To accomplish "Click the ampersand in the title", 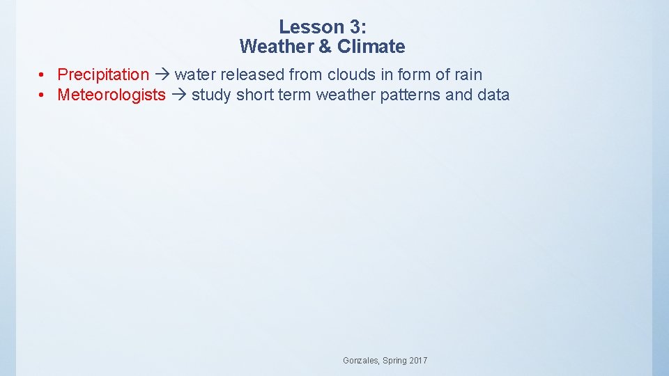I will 325,47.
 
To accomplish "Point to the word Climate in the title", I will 371,47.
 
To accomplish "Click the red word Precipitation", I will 103,75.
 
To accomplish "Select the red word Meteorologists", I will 111,95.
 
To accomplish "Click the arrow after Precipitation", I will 162,75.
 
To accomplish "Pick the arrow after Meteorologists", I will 179,95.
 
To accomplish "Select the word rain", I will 468,75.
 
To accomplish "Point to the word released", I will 252,75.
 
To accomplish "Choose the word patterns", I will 410,95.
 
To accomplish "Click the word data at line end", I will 494,95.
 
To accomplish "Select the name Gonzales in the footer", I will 360,361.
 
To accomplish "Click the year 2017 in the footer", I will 419,361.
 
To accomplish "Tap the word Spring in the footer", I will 394,361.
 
